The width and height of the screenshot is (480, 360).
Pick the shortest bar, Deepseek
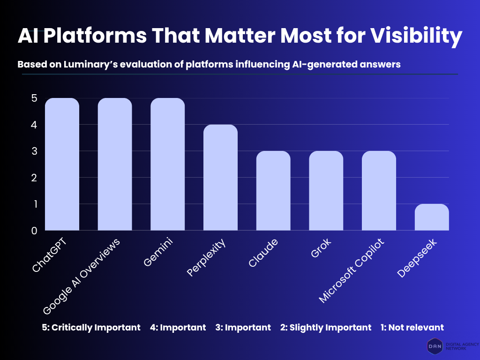click(x=432, y=217)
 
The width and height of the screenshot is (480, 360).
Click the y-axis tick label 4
click(x=34, y=125)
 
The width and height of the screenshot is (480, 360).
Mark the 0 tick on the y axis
click(x=34, y=231)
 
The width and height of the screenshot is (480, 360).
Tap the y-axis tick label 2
click(x=34, y=178)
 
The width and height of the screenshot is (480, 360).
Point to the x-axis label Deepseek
click(x=417, y=258)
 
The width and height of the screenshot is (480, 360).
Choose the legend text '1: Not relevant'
click(x=412, y=327)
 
